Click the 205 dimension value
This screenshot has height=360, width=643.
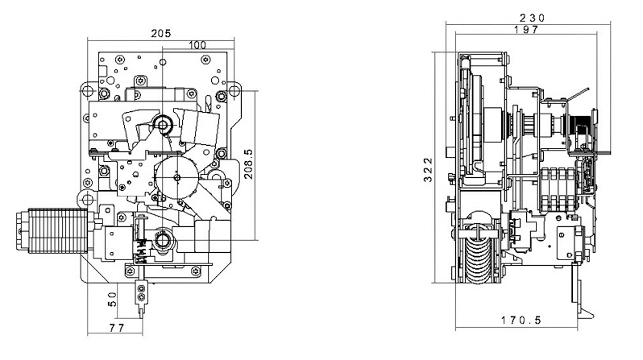point(161,33)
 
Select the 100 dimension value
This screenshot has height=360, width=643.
point(197,45)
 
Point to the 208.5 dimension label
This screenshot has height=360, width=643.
point(248,163)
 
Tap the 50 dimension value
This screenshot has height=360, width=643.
point(112,300)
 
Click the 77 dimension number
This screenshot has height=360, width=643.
point(117,328)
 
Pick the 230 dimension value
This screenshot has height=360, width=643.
point(533,18)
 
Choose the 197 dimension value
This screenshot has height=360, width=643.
point(526,30)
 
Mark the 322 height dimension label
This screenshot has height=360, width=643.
point(428,170)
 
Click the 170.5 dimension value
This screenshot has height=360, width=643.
point(521,320)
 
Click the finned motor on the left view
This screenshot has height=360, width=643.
point(52,230)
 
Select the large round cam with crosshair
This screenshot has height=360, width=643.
point(176,177)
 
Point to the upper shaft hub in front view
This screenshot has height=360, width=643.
point(163,124)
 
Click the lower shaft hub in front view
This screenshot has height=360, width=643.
point(163,240)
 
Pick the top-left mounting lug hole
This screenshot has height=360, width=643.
point(87,89)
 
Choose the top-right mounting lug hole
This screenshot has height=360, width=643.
point(234,89)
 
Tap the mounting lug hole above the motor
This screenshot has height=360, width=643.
point(87,200)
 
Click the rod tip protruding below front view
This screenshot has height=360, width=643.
point(142,312)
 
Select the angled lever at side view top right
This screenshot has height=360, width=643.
point(579,94)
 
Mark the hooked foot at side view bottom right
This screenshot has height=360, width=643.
point(586,312)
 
